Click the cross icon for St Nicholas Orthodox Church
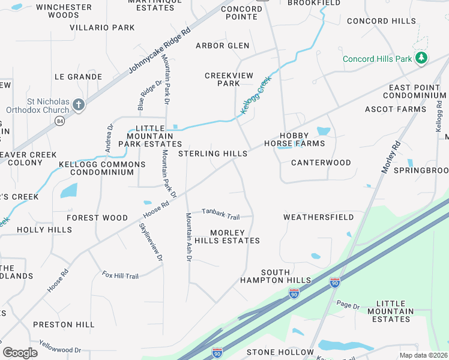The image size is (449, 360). point(79,106)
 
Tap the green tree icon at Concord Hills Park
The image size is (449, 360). point(422,58)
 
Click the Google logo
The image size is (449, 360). point(20,353)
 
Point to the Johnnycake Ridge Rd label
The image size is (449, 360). point(160,50)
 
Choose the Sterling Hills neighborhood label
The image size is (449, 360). point(212,154)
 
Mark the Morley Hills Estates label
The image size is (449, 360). point(235,236)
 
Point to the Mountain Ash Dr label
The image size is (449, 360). point(188,237)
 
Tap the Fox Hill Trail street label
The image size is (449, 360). point(120,275)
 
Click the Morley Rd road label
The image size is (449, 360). point(390,157)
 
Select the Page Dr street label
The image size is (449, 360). point(348,305)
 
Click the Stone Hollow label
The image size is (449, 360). point(279,352)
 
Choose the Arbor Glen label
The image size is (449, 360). point(222,46)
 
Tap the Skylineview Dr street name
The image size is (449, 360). point(151,242)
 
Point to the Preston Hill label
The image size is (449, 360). point(64,325)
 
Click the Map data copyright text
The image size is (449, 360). point(423,355)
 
